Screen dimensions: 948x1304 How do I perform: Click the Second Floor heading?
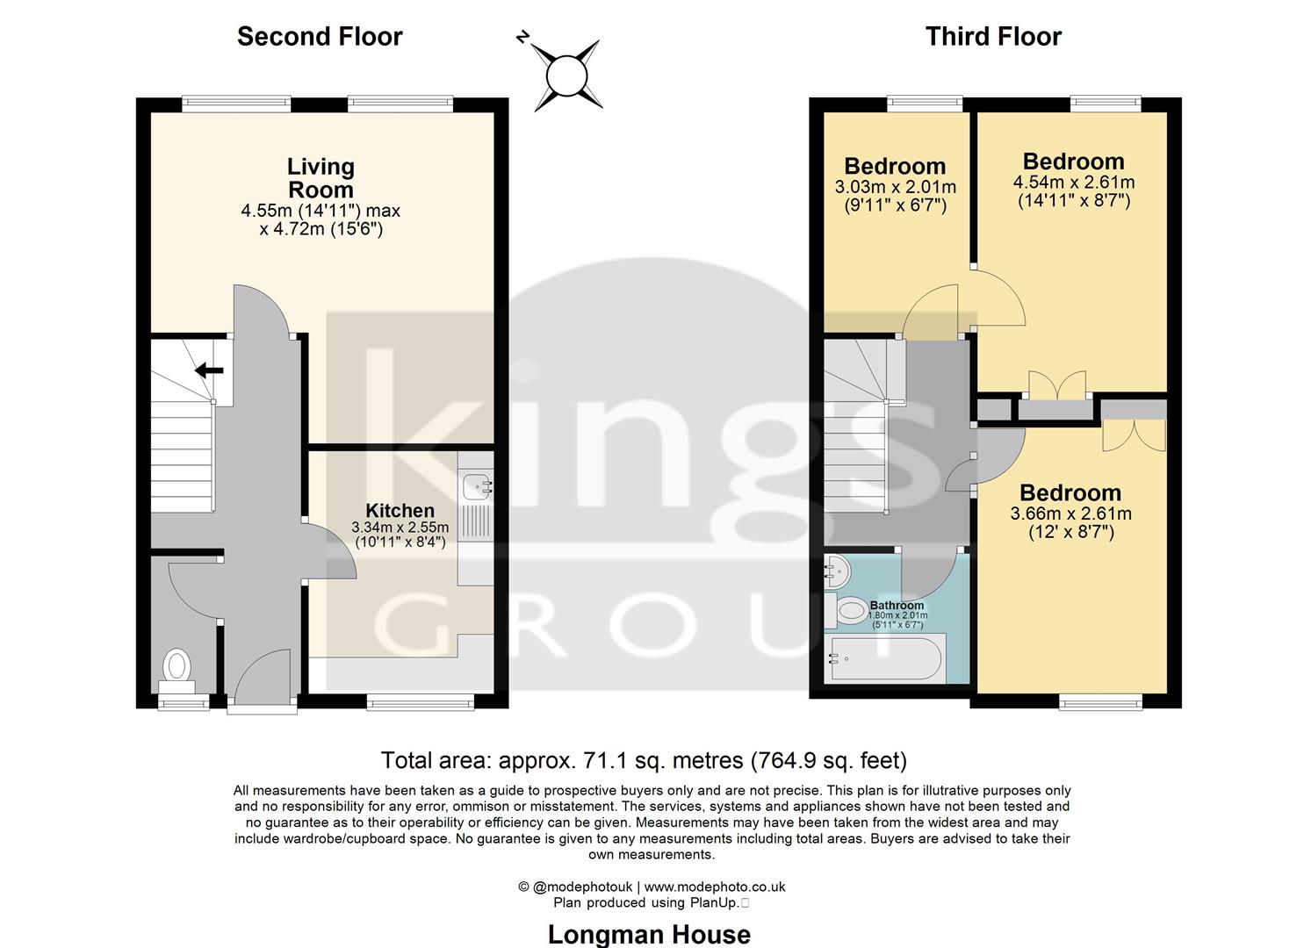click(320, 37)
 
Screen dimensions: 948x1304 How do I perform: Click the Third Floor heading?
click(993, 37)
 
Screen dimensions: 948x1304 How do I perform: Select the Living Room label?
click(321, 178)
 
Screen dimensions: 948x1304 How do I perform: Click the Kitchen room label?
click(400, 511)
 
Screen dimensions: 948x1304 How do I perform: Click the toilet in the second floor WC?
click(178, 666)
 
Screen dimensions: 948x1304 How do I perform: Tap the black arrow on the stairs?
click(209, 370)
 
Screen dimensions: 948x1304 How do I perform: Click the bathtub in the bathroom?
click(887, 659)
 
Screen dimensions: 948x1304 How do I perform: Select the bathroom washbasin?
click(837, 571)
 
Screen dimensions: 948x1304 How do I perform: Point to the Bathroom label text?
click(897, 606)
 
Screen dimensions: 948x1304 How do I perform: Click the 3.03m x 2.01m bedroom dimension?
click(895, 187)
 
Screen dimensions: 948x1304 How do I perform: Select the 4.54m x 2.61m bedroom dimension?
click(1073, 183)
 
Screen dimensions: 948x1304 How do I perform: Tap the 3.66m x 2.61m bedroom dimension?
click(1070, 514)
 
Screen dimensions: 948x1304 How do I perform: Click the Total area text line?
click(643, 760)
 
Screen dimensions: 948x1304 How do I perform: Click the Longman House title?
click(649, 935)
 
